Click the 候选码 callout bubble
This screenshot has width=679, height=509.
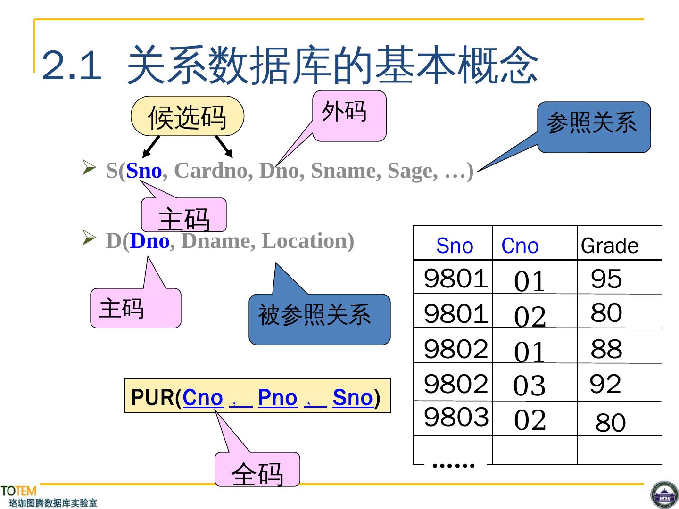pyautogui.click(x=187, y=116)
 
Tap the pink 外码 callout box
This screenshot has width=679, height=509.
pyautogui.click(x=349, y=115)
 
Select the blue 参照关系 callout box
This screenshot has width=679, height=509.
pyautogui.click(x=594, y=127)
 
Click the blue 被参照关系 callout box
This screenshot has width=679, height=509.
pyautogui.click(x=319, y=319)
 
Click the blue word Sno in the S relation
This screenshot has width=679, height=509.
pyautogui.click(x=144, y=171)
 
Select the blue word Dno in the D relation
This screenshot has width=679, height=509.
pyautogui.click(x=149, y=241)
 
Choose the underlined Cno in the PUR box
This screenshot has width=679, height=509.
pyautogui.click(x=202, y=398)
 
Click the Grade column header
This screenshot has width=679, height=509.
pyautogui.click(x=610, y=246)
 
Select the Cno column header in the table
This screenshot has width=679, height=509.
pyautogui.click(x=520, y=246)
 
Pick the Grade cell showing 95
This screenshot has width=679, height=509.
pyautogui.click(x=606, y=279)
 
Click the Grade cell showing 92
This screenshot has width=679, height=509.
pyautogui.click(x=605, y=384)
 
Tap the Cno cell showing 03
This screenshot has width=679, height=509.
pyautogui.click(x=530, y=386)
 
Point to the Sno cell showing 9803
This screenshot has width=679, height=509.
pyautogui.click(x=456, y=417)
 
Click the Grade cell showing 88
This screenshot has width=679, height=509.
pyautogui.click(x=606, y=349)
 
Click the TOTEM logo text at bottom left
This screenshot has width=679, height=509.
pyautogui.click(x=18, y=491)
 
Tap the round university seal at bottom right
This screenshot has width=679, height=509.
pyautogui.click(x=664, y=495)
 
